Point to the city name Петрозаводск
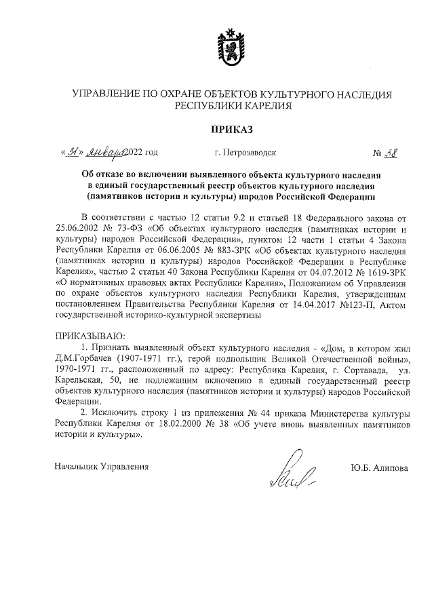tap(245, 153)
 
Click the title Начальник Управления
tap(100, 467)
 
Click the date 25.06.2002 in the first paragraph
tap(77, 229)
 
